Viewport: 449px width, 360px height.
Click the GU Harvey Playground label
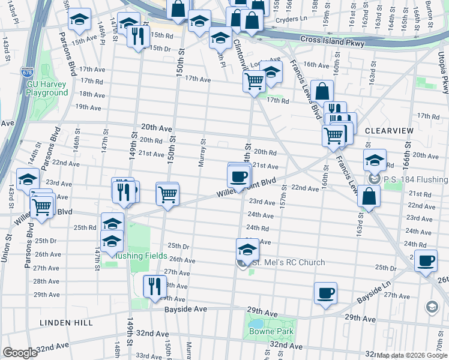click(47, 89)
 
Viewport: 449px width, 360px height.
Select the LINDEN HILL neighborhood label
click(66, 323)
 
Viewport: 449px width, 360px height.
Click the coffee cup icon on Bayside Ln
click(325, 293)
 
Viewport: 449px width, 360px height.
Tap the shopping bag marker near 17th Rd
click(322, 91)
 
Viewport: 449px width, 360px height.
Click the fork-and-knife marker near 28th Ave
click(154, 286)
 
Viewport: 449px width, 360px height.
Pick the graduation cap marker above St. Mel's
click(247, 249)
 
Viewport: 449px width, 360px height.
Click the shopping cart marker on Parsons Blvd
click(41, 207)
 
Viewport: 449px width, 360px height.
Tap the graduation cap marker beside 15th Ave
click(79, 20)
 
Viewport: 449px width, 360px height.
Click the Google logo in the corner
click(20, 353)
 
